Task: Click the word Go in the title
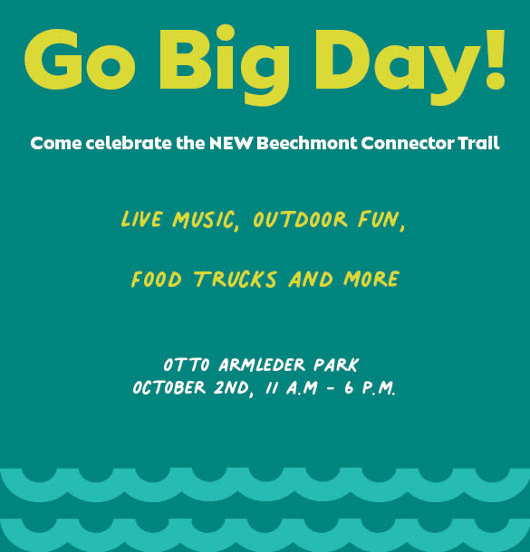pos(80,59)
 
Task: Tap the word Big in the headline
pos(225,65)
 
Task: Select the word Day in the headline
pos(397,68)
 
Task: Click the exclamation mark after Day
pos(495,59)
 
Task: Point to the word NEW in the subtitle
pos(231,143)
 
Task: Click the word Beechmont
pos(306,143)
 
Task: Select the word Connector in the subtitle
pos(408,143)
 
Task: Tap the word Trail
pos(478,143)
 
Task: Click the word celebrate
pos(129,143)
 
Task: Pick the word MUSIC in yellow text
pos(205,220)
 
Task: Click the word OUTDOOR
pos(300,219)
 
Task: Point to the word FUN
pos(381,219)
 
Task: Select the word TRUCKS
pos(236,280)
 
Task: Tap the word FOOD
pos(157,280)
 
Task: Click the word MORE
pos(371,279)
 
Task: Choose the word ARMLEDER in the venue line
pos(262,365)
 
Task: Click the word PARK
pos(336,365)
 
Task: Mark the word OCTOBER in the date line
pos(169,387)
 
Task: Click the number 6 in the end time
pos(349,387)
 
